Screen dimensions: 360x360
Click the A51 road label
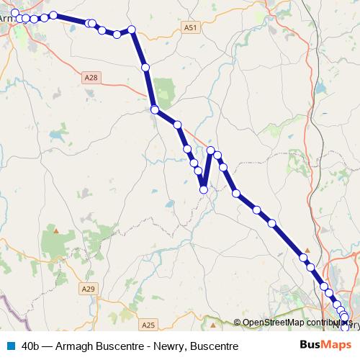(189, 27)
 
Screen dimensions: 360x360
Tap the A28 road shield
(90, 76)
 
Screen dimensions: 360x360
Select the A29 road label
(88, 289)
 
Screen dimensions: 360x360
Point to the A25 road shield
(148, 325)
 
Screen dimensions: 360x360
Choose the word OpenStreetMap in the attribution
(272, 323)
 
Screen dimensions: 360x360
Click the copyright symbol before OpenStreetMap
(238, 323)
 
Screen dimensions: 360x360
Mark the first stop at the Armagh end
(15, 12)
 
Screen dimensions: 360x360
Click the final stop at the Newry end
(345, 325)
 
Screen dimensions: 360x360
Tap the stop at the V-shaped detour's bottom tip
(204, 189)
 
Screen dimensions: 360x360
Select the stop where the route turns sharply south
(132, 30)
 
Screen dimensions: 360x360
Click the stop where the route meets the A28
(154, 109)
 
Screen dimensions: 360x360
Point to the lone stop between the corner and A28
(145, 67)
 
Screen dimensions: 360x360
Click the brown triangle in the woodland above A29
(55, 231)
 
